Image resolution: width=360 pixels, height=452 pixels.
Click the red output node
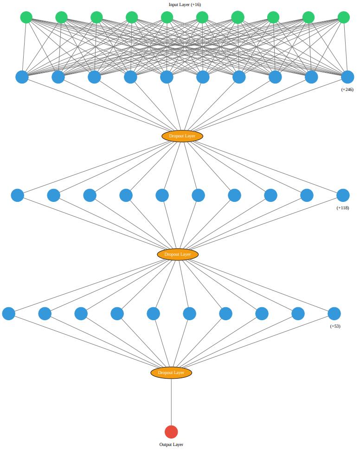[x=171, y=432]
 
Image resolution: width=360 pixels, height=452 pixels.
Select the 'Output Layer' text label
[x=171, y=445]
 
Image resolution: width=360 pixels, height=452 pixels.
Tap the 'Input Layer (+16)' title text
[x=185, y=5]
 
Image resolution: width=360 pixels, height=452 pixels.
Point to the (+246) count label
[x=347, y=90]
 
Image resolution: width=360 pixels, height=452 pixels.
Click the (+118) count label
[x=343, y=208]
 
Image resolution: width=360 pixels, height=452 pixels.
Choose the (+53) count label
[x=335, y=326]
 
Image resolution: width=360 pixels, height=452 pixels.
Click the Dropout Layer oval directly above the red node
[x=171, y=373]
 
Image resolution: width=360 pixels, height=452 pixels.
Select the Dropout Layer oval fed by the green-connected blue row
[x=182, y=136]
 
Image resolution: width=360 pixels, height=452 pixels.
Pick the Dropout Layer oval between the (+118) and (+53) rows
[x=178, y=254]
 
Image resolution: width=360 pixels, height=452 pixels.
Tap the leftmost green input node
[x=26, y=18]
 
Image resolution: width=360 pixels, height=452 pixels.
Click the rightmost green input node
[x=344, y=18]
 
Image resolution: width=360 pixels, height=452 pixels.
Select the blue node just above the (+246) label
[x=347, y=77]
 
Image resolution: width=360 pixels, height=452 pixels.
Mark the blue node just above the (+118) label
[x=343, y=195]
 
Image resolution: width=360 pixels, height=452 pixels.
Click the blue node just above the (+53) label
[x=334, y=314]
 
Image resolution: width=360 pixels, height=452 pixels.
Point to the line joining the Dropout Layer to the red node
[x=171, y=402]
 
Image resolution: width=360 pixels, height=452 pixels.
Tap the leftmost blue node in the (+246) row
[x=22, y=77]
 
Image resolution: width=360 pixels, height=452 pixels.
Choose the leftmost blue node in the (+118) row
[x=17, y=195]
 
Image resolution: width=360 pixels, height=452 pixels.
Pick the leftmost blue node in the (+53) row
[x=8, y=314]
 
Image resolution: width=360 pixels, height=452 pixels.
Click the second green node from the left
[x=61, y=18]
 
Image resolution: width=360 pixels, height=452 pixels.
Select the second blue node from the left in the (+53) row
[x=45, y=314]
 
